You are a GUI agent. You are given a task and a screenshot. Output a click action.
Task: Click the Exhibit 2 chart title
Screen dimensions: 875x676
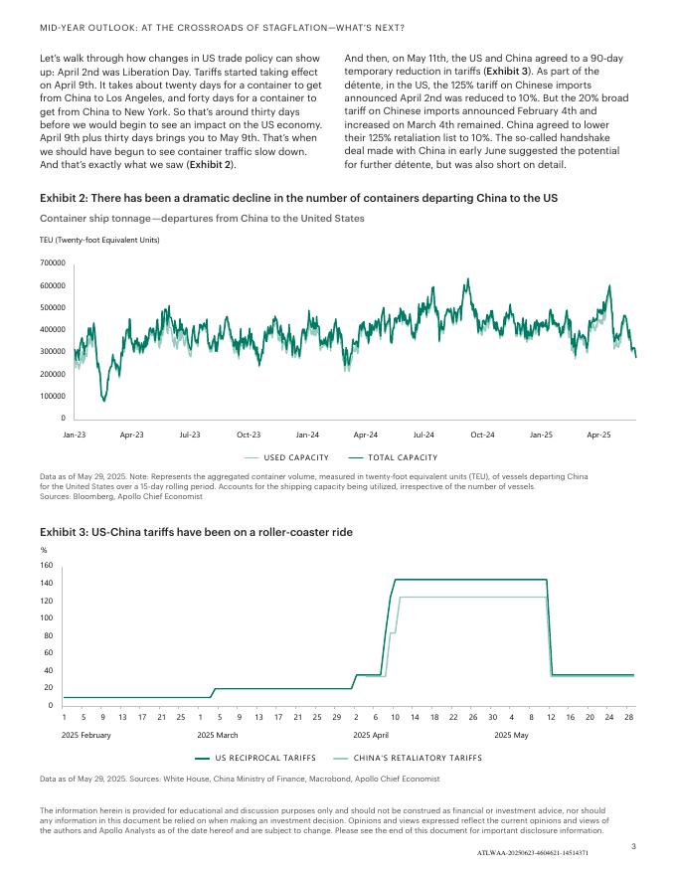tap(298, 199)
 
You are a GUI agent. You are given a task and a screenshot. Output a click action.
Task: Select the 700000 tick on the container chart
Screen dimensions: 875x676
tap(52, 262)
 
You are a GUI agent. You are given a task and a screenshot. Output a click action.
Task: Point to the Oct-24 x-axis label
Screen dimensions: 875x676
tap(482, 435)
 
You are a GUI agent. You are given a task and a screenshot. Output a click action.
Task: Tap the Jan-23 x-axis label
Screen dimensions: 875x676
tap(75, 435)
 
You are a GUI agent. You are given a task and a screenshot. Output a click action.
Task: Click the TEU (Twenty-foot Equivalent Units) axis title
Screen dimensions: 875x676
tap(99, 240)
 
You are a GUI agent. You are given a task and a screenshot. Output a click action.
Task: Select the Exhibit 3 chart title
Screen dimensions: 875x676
tap(196, 532)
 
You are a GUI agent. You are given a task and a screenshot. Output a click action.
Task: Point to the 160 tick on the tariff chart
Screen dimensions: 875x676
tap(46, 565)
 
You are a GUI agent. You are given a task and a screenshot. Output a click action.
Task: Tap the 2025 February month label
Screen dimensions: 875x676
tap(85, 735)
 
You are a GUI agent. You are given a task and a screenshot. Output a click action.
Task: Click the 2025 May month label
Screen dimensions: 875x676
tap(511, 735)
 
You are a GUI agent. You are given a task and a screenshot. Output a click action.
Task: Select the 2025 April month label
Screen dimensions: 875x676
tap(371, 735)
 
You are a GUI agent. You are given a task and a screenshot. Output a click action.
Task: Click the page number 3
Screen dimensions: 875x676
tap(633, 845)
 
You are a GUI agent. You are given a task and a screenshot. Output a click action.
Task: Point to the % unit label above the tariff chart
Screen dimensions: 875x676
tap(43, 549)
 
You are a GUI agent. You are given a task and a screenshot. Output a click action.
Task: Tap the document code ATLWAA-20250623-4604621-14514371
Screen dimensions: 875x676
tap(533, 853)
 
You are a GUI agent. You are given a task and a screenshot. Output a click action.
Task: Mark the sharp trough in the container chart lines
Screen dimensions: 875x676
tap(104, 400)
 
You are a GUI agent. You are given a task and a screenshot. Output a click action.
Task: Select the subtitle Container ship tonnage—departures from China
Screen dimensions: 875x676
tap(202, 218)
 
